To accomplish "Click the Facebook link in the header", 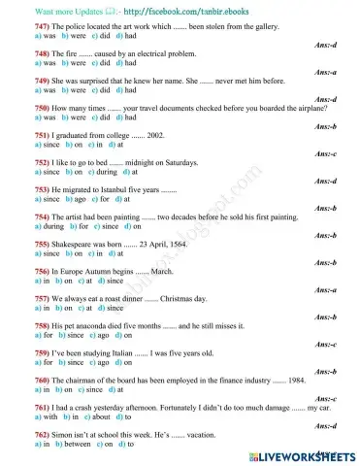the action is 159,9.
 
